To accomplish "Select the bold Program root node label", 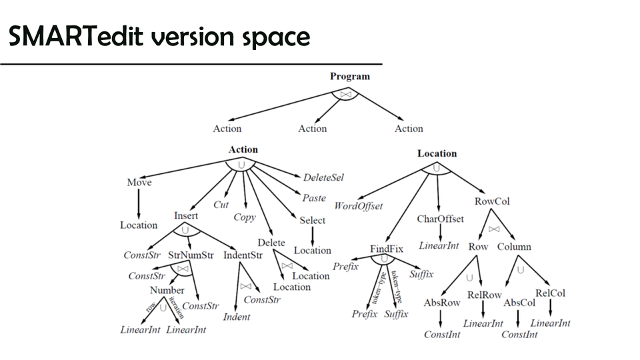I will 349,77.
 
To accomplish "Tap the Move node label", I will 139,183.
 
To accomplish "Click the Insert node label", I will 186,216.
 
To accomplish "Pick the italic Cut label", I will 221,205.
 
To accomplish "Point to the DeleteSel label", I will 323,178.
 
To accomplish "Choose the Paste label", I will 314,198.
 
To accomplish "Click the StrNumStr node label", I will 191,255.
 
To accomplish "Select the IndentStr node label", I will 243,255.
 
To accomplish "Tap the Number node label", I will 167,290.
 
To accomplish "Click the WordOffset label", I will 359,206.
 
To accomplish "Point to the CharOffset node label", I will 440,219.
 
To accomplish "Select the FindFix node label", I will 387,249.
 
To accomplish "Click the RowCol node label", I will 492,201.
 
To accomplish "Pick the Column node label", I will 514,247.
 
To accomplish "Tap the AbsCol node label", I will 519,303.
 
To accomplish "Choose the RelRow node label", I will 484,295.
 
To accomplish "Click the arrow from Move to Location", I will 139,203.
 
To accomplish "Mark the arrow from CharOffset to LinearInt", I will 440,231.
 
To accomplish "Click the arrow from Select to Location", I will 313,235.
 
